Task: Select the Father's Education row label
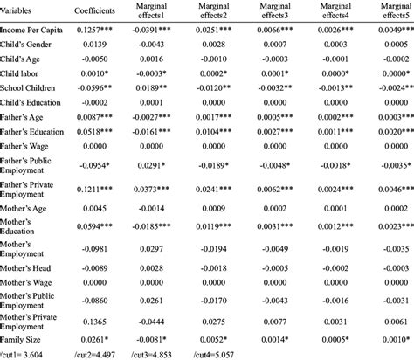[38, 132]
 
